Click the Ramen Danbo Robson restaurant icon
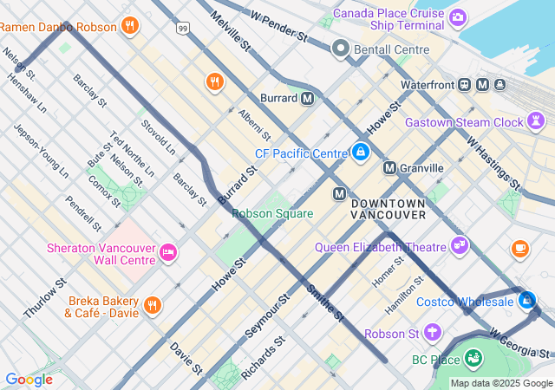(x=130, y=25)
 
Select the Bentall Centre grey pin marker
(x=341, y=49)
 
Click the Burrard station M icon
(x=307, y=99)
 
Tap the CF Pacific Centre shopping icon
(x=360, y=153)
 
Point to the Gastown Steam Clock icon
(x=537, y=122)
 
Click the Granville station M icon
(x=390, y=167)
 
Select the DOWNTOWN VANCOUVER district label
(x=388, y=208)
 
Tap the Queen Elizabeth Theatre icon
(x=459, y=246)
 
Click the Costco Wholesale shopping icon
(x=526, y=301)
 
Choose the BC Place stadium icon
(x=473, y=357)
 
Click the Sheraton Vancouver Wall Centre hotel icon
(x=168, y=252)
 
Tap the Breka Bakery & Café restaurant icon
(x=153, y=304)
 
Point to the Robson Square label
(x=272, y=213)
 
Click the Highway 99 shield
(x=182, y=29)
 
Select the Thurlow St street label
(x=45, y=297)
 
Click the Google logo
(x=29, y=380)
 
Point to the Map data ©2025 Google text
(x=501, y=383)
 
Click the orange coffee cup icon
(x=519, y=249)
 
